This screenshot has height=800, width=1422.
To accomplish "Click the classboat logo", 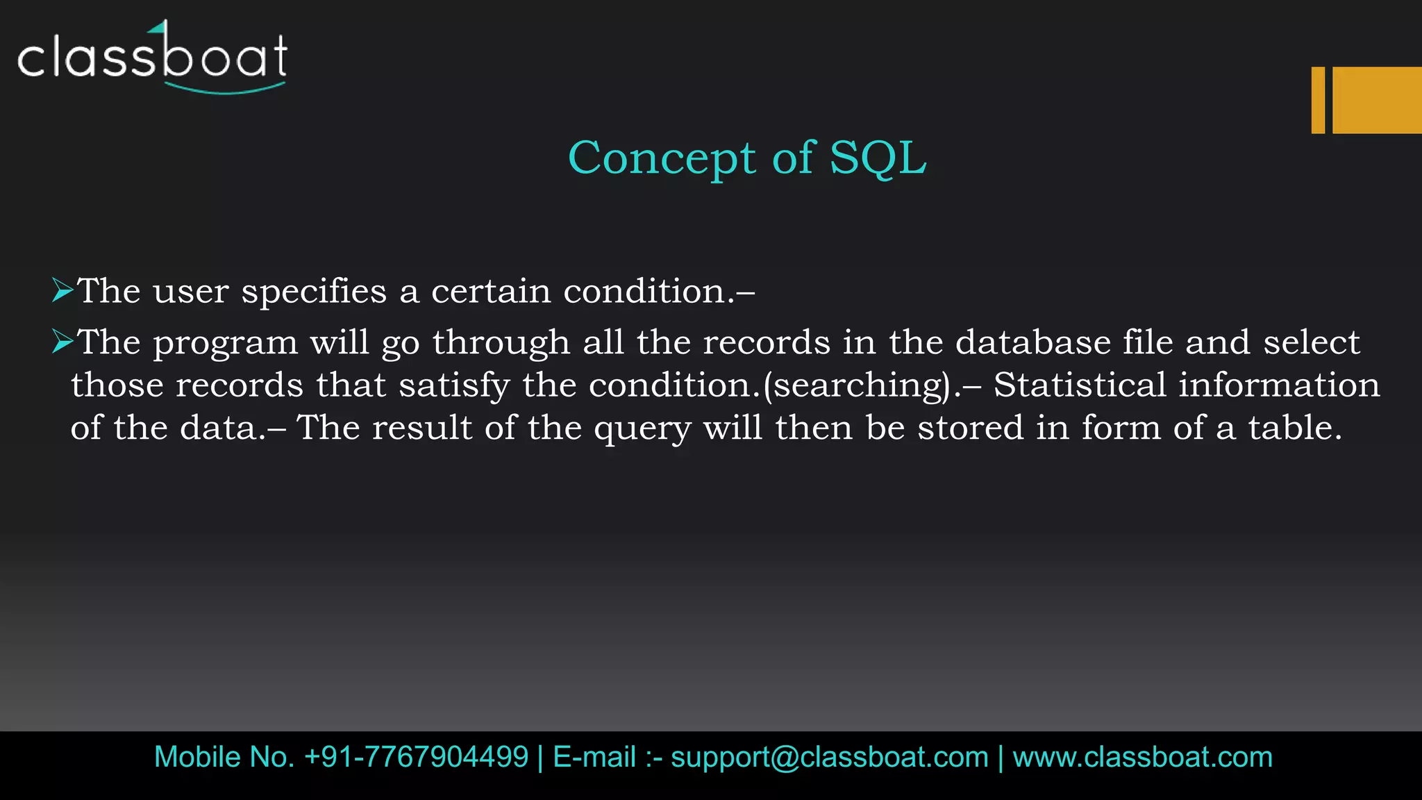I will [152, 58].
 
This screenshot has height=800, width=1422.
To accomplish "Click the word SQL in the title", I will [878, 158].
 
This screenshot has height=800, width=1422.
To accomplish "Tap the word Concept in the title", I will [661, 159].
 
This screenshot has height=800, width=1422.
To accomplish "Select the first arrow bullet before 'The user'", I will [62, 290].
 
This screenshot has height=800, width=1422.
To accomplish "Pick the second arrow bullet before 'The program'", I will [62, 342].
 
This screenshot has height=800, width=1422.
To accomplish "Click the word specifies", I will [314, 292].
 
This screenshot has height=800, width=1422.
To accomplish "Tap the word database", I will [1033, 342].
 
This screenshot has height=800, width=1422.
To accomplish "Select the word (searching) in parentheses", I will [858, 385].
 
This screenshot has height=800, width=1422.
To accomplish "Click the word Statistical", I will [1080, 385].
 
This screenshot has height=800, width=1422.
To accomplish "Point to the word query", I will [642, 429].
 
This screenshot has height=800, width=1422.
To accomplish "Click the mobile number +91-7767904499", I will [416, 757].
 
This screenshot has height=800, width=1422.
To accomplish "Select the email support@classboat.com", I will [829, 757].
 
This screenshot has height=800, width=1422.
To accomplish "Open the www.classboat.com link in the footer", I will [1142, 757].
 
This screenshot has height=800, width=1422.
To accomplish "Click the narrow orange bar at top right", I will [1318, 100].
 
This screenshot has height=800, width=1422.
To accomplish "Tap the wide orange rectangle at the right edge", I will [1377, 100].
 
